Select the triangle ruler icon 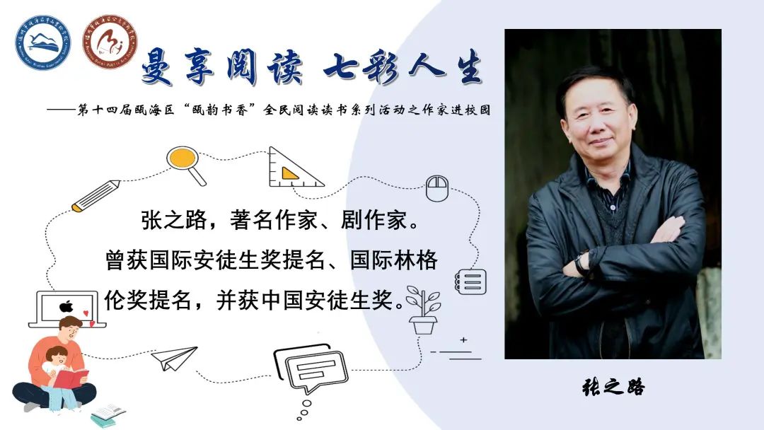[x=291, y=168]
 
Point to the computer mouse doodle [x=436, y=188]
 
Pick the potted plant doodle [x=424, y=312]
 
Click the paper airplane [x=174, y=357]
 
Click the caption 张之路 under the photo [x=613, y=387]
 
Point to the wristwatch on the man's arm [x=581, y=265]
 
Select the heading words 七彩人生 [x=402, y=69]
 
